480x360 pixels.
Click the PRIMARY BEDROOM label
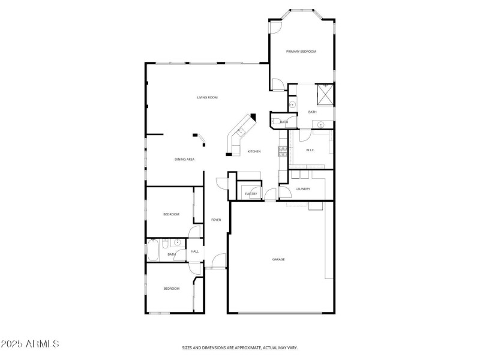coord(301,52)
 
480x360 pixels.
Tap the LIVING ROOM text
coord(207,97)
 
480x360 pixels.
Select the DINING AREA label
coord(184,160)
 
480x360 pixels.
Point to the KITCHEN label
coord(254,151)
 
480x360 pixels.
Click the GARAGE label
coord(278,259)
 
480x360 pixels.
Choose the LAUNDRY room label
coord(302,189)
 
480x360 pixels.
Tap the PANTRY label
coord(251,194)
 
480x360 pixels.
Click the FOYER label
coord(216,220)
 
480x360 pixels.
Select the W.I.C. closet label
coord(311,150)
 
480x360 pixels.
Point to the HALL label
coord(195,251)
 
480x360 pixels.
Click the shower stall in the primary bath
coord(325,95)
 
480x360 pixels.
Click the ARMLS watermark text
coord(30,344)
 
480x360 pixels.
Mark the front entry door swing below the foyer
coord(219,261)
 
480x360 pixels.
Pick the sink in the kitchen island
coord(240,131)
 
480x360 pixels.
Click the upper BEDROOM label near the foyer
coord(172,214)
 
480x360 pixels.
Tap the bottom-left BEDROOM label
coord(172,289)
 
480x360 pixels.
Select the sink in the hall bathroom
coord(177,242)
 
